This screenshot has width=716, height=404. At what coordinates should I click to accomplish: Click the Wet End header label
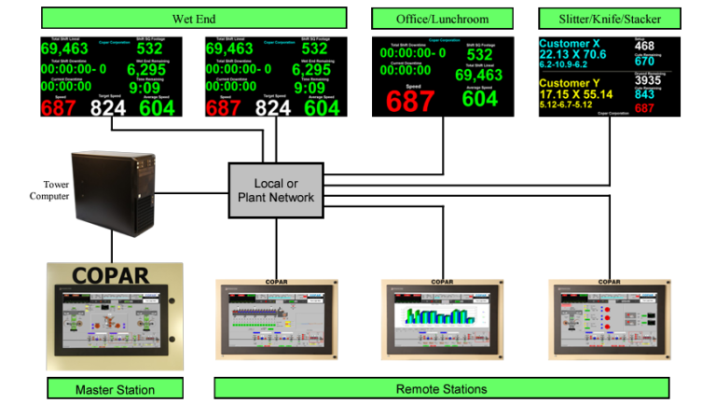pyautogui.click(x=194, y=19)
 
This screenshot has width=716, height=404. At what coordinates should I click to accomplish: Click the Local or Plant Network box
pyautogui.click(x=276, y=190)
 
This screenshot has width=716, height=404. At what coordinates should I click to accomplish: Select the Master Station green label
pyautogui.click(x=115, y=388)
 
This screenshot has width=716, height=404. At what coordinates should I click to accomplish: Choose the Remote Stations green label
pyautogui.click(x=441, y=388)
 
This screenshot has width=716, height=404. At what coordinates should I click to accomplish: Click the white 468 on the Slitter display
pyautogui.click(x=644, y=46)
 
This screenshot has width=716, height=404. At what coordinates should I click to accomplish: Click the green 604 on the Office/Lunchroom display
pyautogui.click(x=481, y=99)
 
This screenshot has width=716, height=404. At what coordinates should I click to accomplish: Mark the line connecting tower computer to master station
pyautogui.click(x=113, y=247)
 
